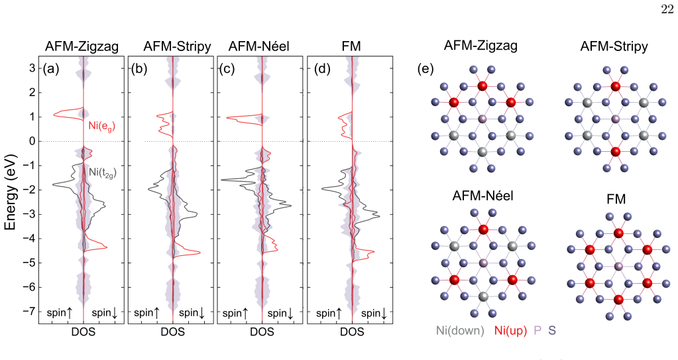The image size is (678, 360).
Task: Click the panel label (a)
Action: coord(50,69)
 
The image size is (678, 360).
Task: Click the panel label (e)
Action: coord(425,69)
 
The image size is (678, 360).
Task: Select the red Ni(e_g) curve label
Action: coord(101,127)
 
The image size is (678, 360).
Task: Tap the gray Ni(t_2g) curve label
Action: coord(103,172)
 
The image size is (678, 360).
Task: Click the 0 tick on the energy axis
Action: coord(33,141)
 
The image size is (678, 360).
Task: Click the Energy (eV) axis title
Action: coord(10,191)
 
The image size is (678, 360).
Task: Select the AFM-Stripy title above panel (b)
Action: coord(177,46)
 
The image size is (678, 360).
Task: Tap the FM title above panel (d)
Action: coord(351,46)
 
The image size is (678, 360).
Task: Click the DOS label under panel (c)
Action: coord(262,332)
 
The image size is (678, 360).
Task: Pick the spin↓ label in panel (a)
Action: coord(104,313)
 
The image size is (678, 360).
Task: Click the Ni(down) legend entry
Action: coord(460,331)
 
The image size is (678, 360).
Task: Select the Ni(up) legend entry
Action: coord(511,331)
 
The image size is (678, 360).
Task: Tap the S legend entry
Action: coord(552,331)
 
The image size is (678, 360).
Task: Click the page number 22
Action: coord(667,9)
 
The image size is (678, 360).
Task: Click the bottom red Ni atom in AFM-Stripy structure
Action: coord(615,152)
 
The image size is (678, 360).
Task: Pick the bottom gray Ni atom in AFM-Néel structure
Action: coord(483,296)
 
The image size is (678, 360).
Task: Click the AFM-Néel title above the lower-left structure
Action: coord(482,196)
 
